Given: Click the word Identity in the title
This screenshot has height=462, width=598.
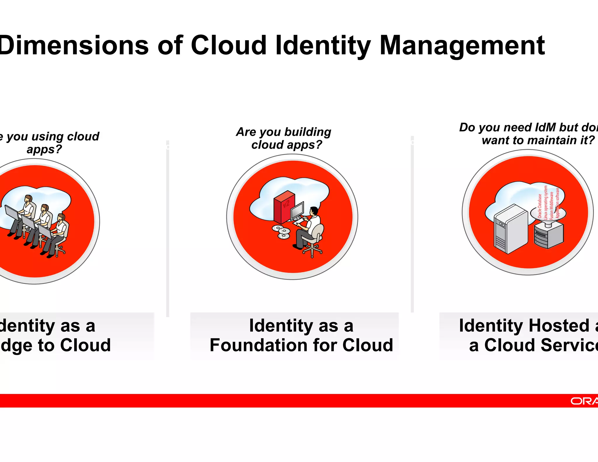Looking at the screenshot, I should coord(323,46).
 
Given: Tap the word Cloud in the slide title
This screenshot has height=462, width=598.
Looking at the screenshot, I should coord(229,45).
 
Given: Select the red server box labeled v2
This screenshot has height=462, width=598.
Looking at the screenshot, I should coord(284,207).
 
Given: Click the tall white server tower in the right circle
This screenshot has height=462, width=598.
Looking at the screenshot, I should coord(510,229).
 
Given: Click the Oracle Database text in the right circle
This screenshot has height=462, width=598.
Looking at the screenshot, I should coord(540,206).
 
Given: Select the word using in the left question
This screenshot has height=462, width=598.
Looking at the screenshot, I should coord(48,137).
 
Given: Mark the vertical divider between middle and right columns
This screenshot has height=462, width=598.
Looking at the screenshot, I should coord(412,225).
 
